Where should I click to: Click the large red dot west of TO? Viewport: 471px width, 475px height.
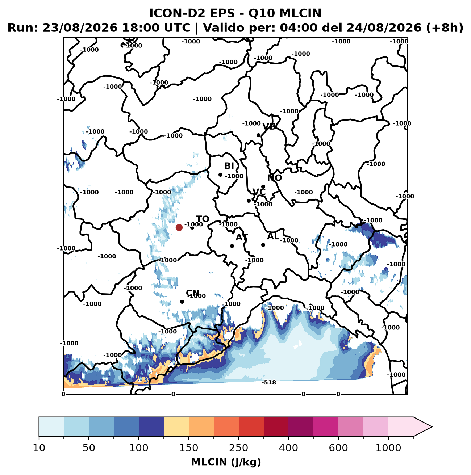179,227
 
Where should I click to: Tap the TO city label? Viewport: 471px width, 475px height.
203,219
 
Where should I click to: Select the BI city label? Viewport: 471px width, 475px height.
229,166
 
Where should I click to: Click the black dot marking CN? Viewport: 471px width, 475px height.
182,302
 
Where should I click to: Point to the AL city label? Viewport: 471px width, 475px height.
273,236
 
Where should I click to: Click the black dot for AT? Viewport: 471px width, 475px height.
232,246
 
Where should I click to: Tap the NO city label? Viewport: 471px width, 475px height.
274,178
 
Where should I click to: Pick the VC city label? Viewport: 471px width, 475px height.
259,192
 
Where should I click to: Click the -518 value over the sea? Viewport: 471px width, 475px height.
269,382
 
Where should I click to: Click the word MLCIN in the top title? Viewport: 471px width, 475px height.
300,13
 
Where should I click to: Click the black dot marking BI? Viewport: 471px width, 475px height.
221,175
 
